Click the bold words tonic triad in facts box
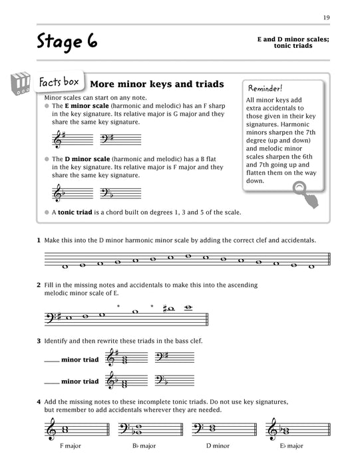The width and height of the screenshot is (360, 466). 73,212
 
